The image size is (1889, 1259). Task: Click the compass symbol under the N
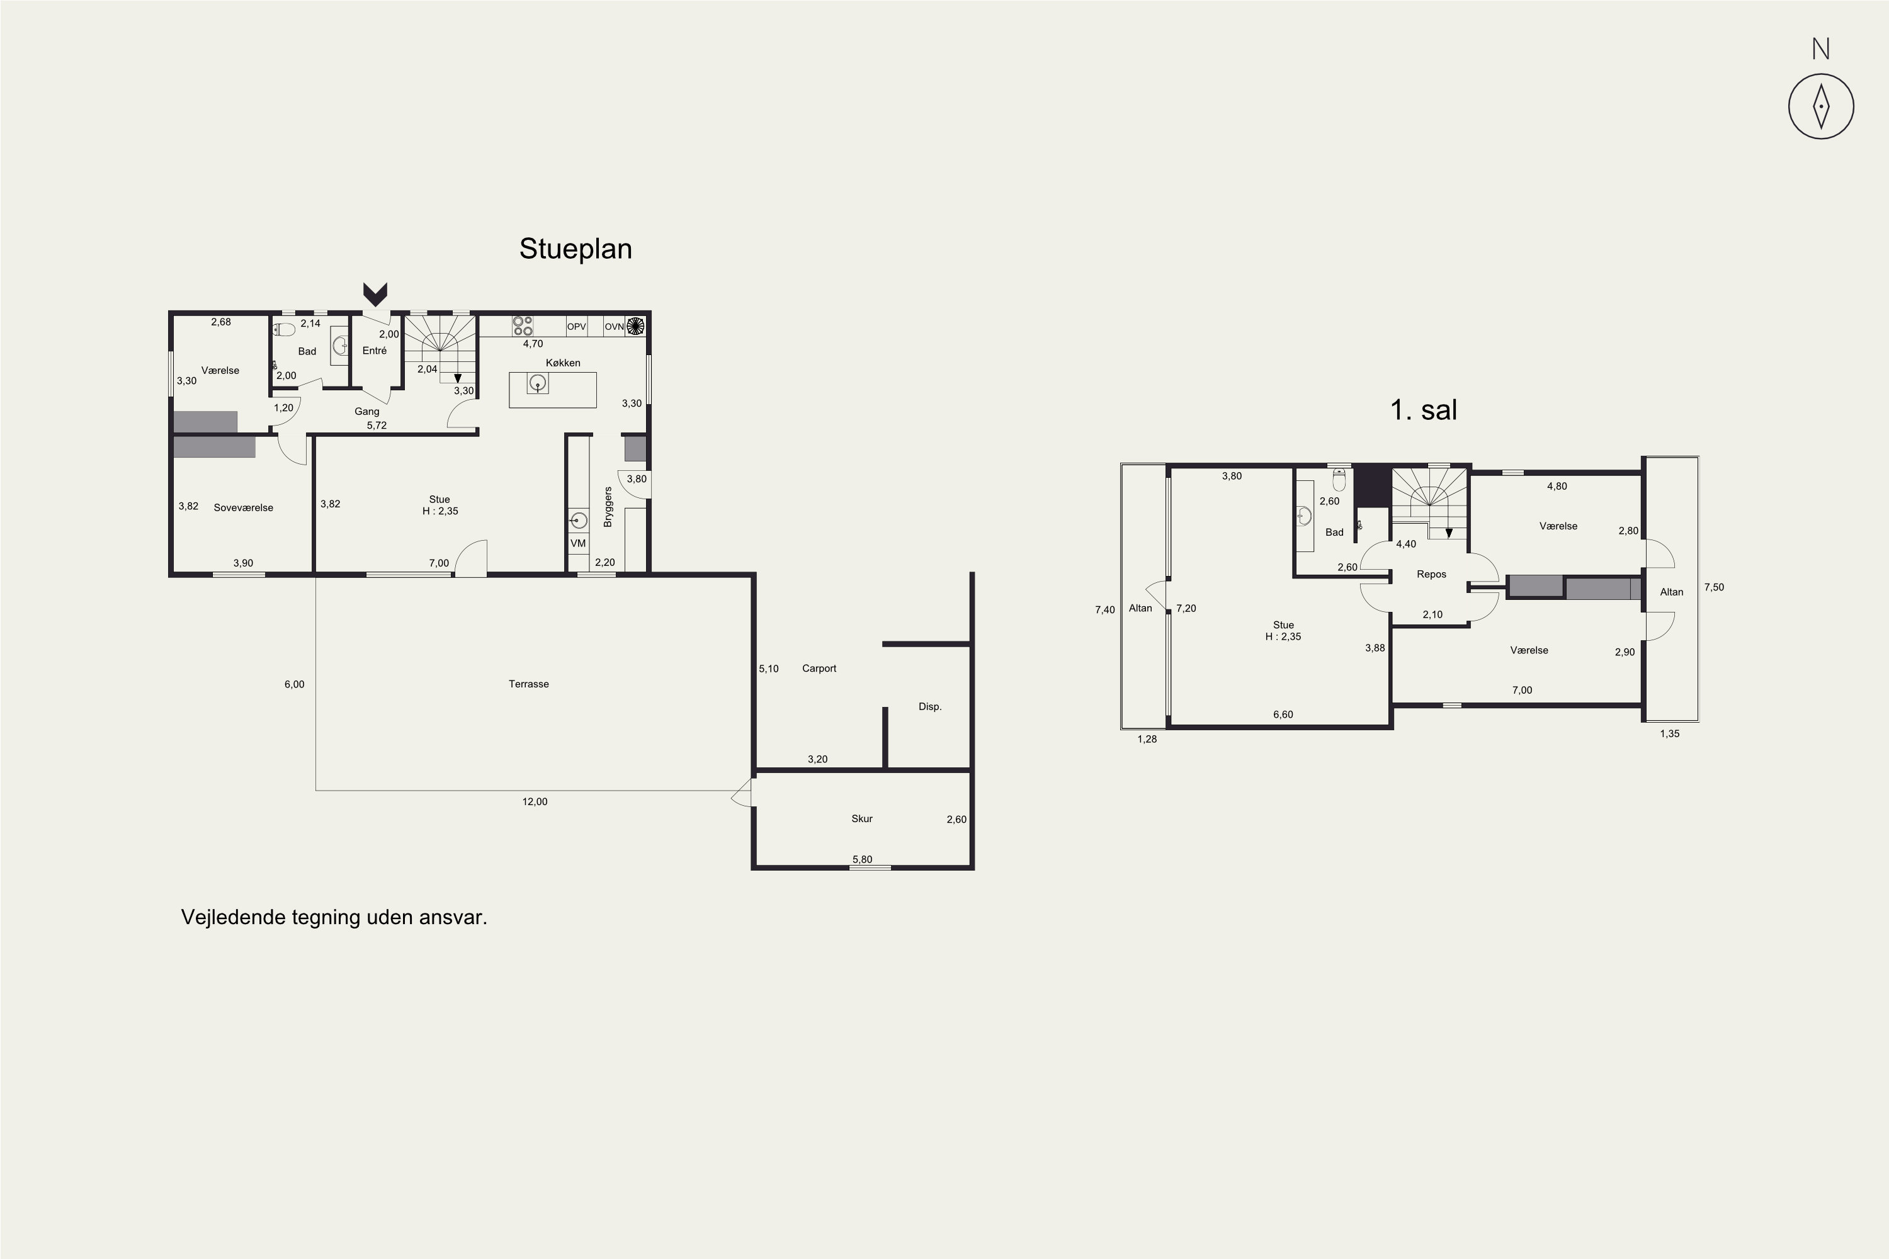pyautogui.click(x=1821, y=106)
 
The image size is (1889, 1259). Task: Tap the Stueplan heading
pyautogui.click(x=575, y=249)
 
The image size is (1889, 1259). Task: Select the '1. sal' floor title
pyautogui.click(x=1423, y=410)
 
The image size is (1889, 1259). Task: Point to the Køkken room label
pyautogui.click(x=562, y=363)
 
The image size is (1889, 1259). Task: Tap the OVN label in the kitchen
pyautogui.click(x=613, y=327)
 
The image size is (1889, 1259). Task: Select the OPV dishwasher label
pyautogui.click(x=577, y=327)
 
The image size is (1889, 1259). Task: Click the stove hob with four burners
pyautogui.click(x=523, y=326)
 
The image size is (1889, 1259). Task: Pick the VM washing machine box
pyautogui.click(x=578, y=544)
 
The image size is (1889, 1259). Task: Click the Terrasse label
pyautogui.click(x=528, y=684)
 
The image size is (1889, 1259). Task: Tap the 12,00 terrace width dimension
pyautogui.click(x=535, y=801)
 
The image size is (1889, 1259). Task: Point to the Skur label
pyautogui.click(x=862, y=819)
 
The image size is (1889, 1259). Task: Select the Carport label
pyautogui.click(x=819, y=668)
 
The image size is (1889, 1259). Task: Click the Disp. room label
pyautogui.click(x=930, y=706)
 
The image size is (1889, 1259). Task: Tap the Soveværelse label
pyautogui.click(x=243, y=507)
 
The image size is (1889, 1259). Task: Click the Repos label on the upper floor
pyautogui.click(x=1431, y=574)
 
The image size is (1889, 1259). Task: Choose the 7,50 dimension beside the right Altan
pyautogui.click(x=1714, y=587)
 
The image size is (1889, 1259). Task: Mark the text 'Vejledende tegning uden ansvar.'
pyautogui.click(x=334, y=917)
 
